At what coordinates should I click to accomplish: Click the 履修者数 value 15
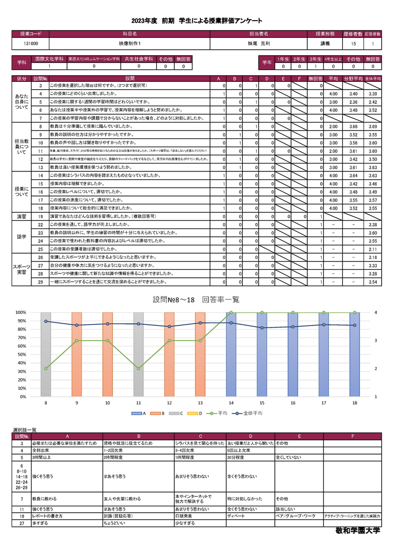[x=353, y=44]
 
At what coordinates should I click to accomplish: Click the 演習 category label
[x=22, y=216]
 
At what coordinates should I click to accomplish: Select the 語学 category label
[x=22, y=236]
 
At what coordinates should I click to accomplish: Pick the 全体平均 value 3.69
[x=372, y=127]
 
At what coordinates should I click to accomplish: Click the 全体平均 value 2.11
[x=372, y=249]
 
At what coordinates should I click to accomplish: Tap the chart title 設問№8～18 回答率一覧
[x=197, y=299]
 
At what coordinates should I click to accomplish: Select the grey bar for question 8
[x=46, y=354]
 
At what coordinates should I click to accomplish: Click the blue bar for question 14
[x=231, y=354]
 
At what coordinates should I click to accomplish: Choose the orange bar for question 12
[x=169, y=354]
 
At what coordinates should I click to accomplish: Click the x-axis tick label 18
[x=354, y=403]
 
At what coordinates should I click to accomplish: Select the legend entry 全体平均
[x=253, y=413]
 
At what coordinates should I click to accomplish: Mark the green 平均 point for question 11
[x=138, y=368]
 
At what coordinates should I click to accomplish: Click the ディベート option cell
[x=236, y=516]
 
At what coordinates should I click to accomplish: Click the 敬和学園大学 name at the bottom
[x=357, y=531]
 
